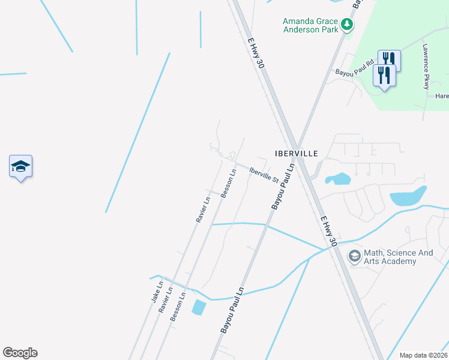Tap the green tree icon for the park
346,25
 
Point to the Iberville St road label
264,175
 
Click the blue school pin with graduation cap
20,167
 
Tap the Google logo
20,353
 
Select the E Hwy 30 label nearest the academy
328,231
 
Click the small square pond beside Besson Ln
198,308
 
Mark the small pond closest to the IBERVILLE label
338,179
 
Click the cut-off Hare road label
442,96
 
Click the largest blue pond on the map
407,196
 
